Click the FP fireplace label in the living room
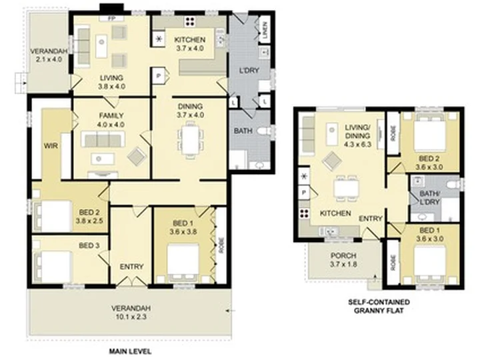pyautogui.click(x=111, y=19)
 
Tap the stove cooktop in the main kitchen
pyautogui.click(x=190, y=21)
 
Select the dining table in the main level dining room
pyautogui.click(x=190, y=139)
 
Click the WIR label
pyautogui.click(x=51, y=146)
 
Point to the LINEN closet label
pyautogui.click(x=265, y=30)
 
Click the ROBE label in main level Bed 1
pyautogui.click(x=221, y=245)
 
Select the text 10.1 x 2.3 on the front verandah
pyautogui.click(x=131, y=317)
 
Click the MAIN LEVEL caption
pyautogui.click(x=130, y=351)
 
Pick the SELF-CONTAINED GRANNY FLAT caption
pyautogui.click(x=379, y=307)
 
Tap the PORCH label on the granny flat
pyautogui.click(x=343, y=255)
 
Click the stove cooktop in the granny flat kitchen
pyautogui.click(x=304, y=213)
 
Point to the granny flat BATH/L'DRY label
pyautogui.click(x=429, y=198)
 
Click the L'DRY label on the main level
pyautogui.click(x=249, y=71)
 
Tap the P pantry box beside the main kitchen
pyautogui.click(x=159, y=75)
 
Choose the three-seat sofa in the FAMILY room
pyautogui.click(x=103, y=139)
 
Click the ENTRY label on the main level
pyautogui.click(x=131, y=267)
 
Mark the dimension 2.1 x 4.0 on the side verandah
pyautogui.click(x=49, y=59)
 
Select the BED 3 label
pyautogui.click(x=89, y=245)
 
